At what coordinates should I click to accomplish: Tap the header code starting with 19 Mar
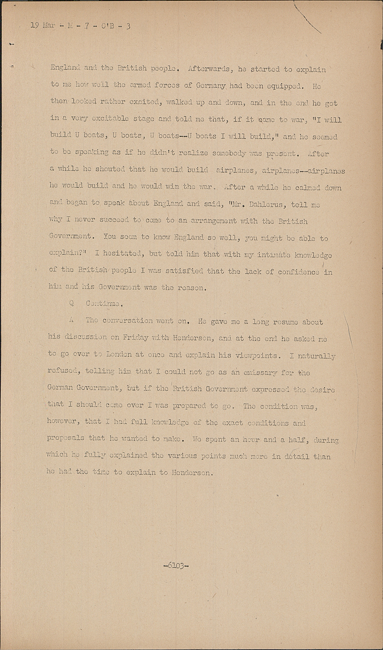point(80,26)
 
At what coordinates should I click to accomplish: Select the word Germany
point(211,86)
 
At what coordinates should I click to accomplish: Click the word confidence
point(297,272)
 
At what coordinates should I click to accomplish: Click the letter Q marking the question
point(71,304)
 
